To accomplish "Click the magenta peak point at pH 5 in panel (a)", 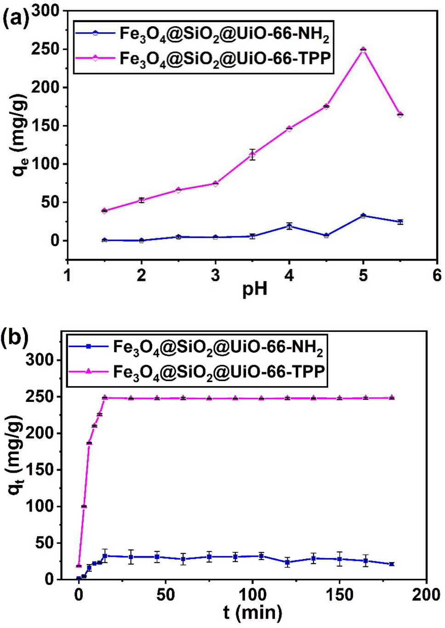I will pyautogui.click(x=363, y=50).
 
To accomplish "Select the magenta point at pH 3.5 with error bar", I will pyautogui.click(x=252, y=154).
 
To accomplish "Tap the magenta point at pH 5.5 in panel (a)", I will pyautogui.click(x=400, y=114).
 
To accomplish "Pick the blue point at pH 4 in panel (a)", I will pyautogui.click(x=289, y=226).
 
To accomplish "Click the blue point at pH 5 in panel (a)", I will pyautogui.click(x=363, y=215).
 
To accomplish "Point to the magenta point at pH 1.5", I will pyautogui.click(x=104, y=211).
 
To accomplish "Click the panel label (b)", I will pyautogui.click(x=15, y=337).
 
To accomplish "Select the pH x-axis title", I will pyautogui.click(x=255, y=290).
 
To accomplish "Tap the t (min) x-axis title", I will pyautogui.click(x=252, y=612).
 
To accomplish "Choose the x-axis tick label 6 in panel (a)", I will pyautogui.click(x=436, y=275).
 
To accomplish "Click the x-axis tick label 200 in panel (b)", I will pyautogui.click(x=426, y=595).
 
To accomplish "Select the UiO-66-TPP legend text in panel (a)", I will pyautogui.click(x=225, y=59).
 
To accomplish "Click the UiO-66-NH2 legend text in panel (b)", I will pyautogui.click(x=218, y=347).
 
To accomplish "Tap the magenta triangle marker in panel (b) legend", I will pyautogui.click(x=88, y=371).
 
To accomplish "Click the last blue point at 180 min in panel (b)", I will pyautogui.click(x=392, y=564).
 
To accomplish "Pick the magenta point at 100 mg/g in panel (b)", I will pyautogui.click(x=84, y=506).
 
